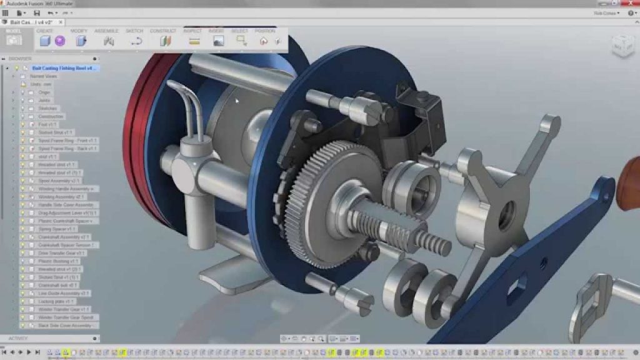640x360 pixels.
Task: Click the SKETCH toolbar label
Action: point(134,31)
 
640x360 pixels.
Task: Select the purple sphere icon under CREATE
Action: point(60,41)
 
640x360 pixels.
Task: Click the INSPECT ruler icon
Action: point(194,41)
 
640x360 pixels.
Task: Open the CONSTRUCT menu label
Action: point(163,31)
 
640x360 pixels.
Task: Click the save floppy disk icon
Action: point(36,12)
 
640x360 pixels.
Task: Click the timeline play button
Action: point(29,352)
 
